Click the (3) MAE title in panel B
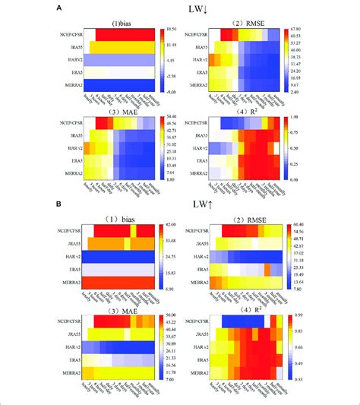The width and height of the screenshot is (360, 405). point(124,313)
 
